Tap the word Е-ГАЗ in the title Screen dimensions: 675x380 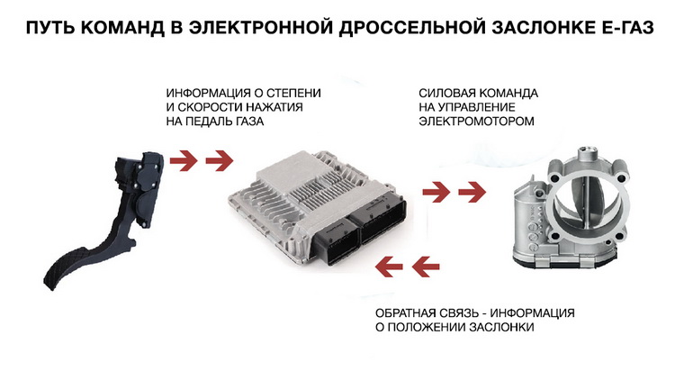626,27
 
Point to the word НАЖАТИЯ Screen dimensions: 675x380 275,107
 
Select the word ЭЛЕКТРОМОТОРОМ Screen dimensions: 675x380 476,121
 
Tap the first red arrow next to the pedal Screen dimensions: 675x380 184,160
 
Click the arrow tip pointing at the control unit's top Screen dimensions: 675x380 233,160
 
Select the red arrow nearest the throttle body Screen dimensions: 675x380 472,192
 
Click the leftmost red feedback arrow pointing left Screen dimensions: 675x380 389,267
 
